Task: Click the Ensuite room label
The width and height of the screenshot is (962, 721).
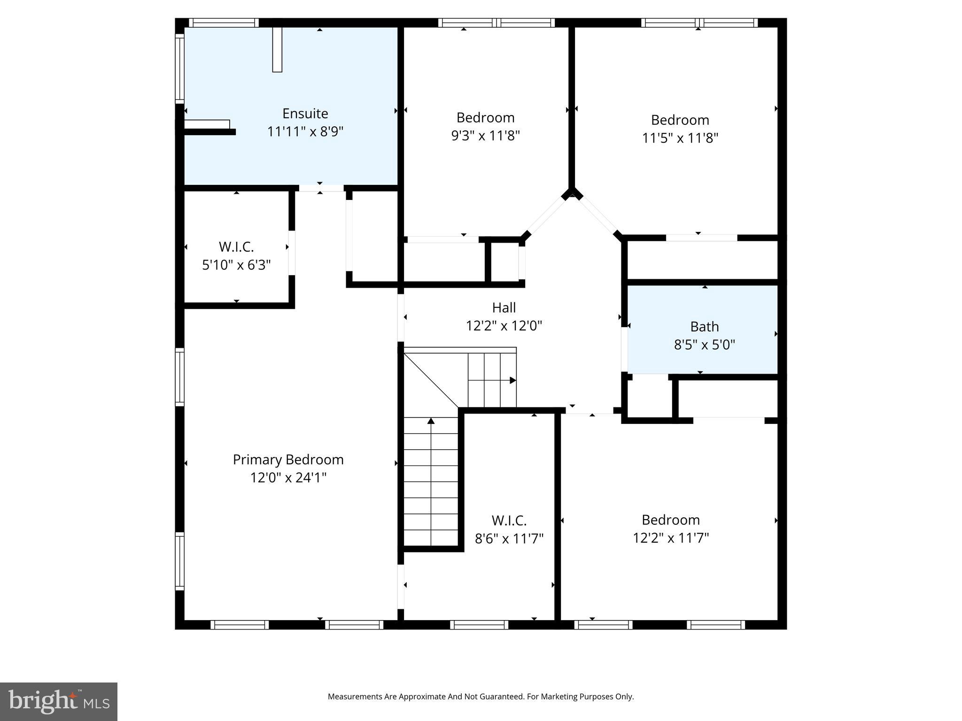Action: tap(305, 114)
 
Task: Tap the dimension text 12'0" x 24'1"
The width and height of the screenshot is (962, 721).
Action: tap(288, 478)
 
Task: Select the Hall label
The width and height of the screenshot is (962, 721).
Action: tap(504, 308)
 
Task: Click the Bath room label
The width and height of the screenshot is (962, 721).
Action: tap(704, 327)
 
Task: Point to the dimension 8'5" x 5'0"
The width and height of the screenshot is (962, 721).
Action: tap(704, 345)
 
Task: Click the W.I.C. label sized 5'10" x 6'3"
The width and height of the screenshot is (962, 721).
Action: tap(236, 247)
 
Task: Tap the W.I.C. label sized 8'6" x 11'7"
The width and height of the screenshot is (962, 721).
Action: tap(509, 521)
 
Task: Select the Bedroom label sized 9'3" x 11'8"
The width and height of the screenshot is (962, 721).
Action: tap(485, 117)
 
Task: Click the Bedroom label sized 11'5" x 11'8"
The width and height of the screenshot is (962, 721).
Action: tap(680, 120)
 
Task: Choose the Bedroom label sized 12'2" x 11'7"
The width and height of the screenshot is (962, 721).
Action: tap(670, 520)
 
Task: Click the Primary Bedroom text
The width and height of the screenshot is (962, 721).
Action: tap(288, 460)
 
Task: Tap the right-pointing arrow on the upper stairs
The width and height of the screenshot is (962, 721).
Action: tap(512, 380)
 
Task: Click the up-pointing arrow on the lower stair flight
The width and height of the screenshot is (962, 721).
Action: tap(431, 421)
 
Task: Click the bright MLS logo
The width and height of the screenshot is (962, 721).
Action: tap(59, 701)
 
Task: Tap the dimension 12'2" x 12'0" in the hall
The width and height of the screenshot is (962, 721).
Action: tap(504, 326)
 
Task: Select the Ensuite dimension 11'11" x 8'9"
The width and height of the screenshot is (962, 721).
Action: tap(305, 132)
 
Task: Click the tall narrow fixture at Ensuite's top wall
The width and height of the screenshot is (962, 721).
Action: tap(277, 50)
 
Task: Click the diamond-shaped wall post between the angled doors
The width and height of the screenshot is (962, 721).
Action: tap(572, 193)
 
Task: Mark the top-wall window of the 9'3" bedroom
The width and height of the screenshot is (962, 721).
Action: tap(497, 23)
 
